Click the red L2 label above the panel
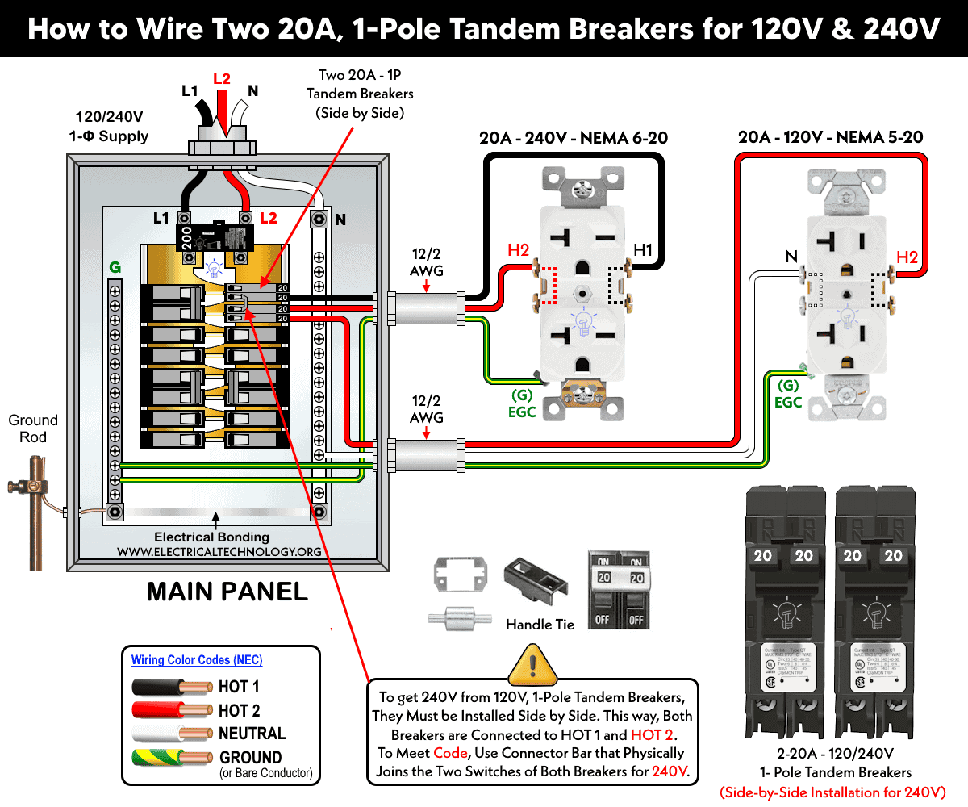pos(221,79)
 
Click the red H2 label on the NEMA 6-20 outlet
pos(519,251)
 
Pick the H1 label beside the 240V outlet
pos(642,251)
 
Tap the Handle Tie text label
pos(540,624)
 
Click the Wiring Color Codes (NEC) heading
pos(197,660)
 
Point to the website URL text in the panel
pos(219,552)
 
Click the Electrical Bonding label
pos(211,537)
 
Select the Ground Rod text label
pos(33,429)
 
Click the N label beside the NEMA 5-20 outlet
pos(791,257)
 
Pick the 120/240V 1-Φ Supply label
pos(112,127)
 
